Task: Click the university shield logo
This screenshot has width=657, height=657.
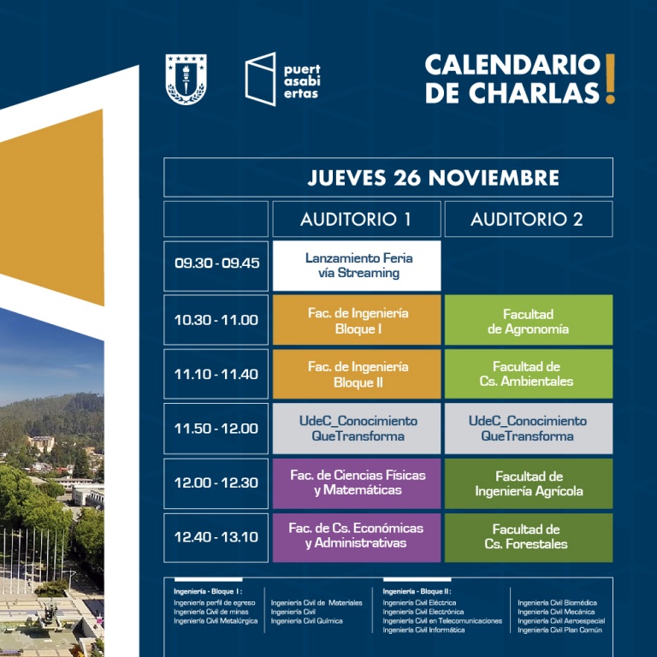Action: click(x=186, y=79)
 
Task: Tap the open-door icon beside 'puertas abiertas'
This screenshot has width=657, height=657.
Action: click(x=260, y=80)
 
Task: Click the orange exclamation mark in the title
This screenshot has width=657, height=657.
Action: click(x=610, y=79)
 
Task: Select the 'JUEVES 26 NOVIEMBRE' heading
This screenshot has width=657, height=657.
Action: click(x=433, y=178)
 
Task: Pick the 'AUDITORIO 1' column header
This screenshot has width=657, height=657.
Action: click(x=357, y=219)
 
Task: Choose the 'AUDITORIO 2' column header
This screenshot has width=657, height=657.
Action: click(x=529, y=219)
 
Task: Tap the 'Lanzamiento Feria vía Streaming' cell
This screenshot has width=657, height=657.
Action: click(x=357, y=266)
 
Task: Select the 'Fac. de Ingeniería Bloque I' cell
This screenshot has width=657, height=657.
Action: click(x=357, y=320)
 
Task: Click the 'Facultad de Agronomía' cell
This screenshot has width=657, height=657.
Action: click(x=529, y=320)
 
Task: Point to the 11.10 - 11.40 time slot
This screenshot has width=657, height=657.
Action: click(x=216, y=374)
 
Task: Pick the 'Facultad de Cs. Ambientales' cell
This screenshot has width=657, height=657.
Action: click(x=529, y=374)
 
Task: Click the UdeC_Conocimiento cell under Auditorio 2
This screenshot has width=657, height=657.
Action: click(x=529, y=429)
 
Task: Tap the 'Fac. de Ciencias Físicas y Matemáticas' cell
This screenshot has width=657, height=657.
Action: click(x=357, y=483)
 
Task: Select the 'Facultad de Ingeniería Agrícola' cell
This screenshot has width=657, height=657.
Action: click(x=529, y=483)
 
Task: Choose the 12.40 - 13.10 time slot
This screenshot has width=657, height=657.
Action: click(x=216, y=537)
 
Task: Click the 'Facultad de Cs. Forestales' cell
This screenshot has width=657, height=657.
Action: click(x=529, y=537)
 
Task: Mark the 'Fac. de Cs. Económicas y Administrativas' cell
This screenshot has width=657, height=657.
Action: click(x=357, y=537)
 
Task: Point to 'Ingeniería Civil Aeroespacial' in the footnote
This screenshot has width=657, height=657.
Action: click(x=561, y=621)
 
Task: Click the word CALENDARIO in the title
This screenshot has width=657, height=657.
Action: click(x=513, y=65)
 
